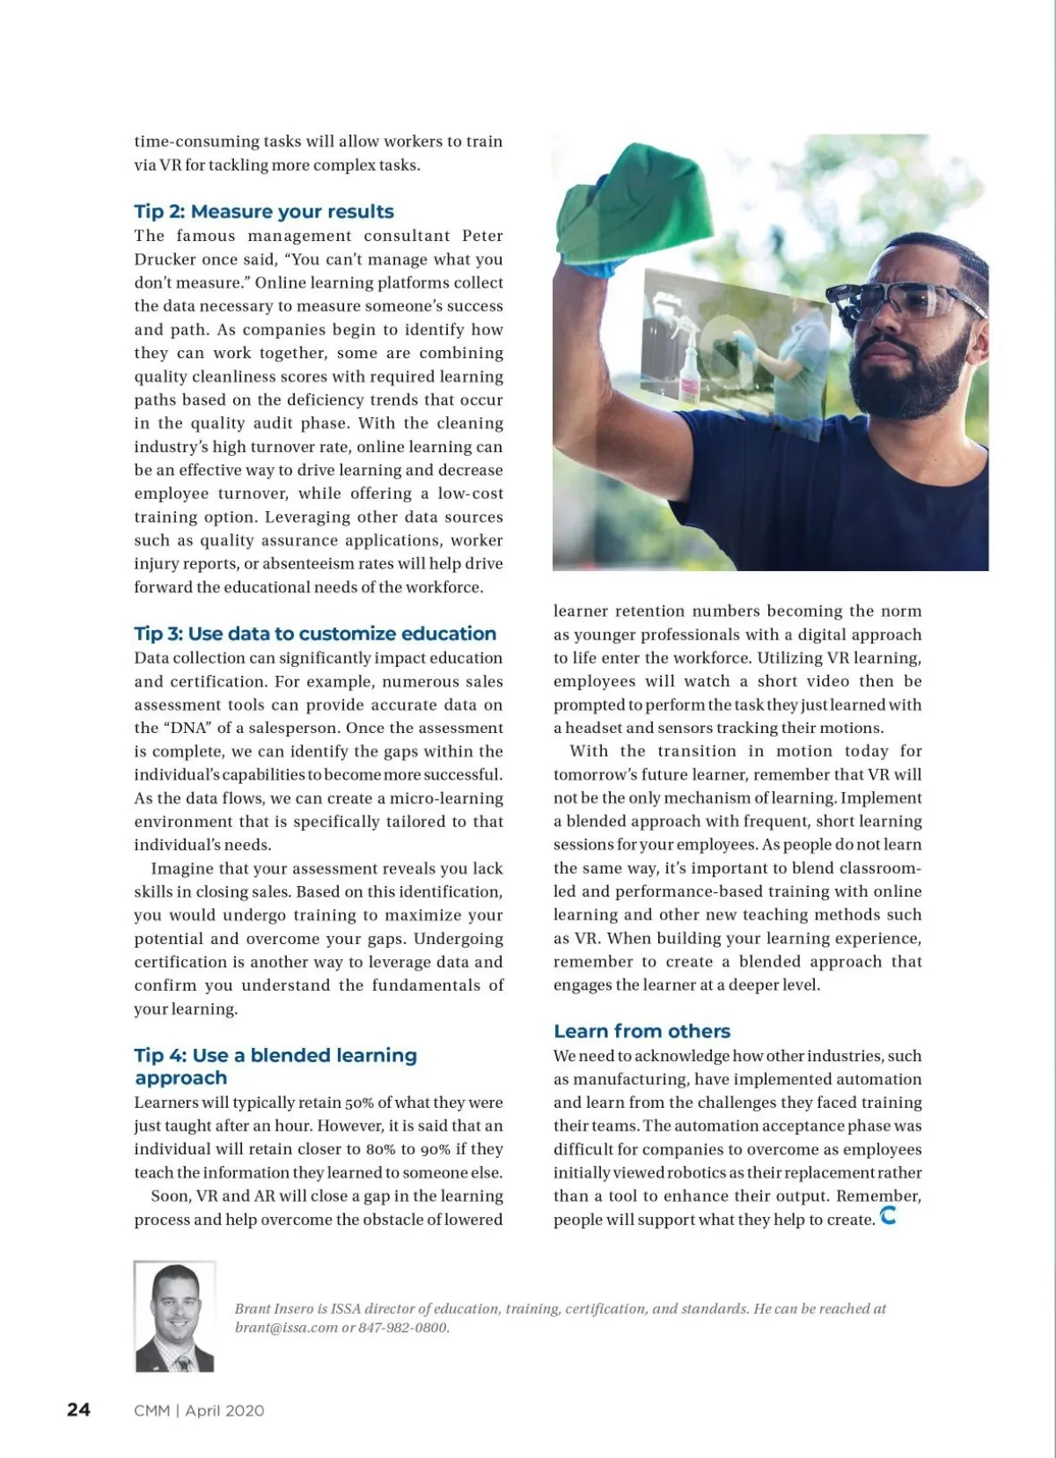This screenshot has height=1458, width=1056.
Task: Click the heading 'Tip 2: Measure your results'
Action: coord(264,212)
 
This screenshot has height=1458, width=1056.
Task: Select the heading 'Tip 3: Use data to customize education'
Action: coord(315,634)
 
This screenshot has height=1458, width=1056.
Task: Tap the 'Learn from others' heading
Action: coord(642,1031)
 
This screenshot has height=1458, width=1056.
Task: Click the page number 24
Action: coord(78,1410)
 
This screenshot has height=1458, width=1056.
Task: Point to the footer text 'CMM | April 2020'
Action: coord(199,1410)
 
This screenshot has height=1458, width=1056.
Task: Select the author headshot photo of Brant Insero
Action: coord(174,1316)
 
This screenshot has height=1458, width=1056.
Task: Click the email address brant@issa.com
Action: coord(286,1328)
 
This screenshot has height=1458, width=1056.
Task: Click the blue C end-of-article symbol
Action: coord(888,1216)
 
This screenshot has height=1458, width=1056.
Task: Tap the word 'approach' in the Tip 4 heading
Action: coord(180,1079)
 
